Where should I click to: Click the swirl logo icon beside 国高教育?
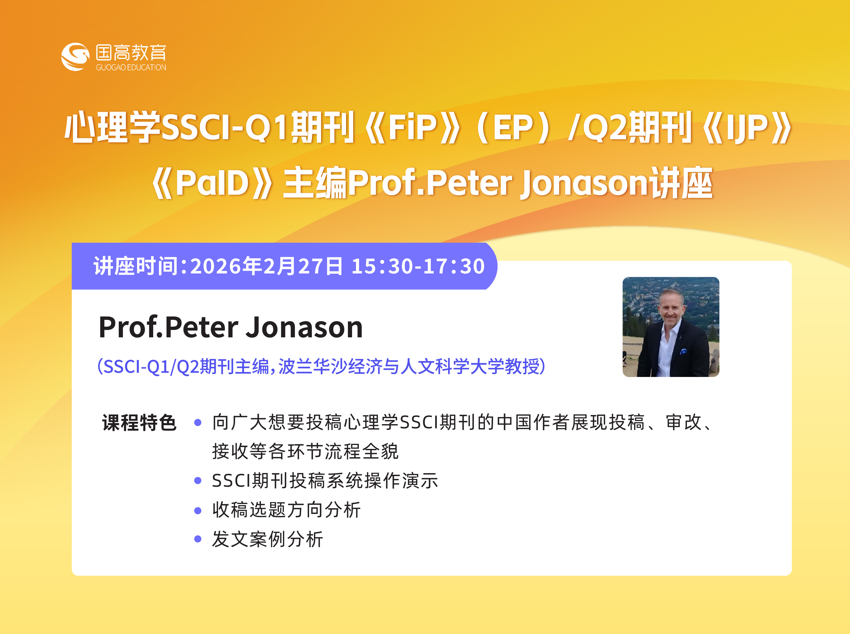(x=75, y=57)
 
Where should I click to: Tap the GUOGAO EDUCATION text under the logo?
(x=131, y=68)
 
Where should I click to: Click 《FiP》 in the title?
(x=413, y=127)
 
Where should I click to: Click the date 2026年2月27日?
(x=266, y=266)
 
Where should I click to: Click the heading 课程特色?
(x=139, y=423)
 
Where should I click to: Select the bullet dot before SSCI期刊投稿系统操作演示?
(x=198, y=480)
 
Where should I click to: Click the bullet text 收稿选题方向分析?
(x=286, y=510)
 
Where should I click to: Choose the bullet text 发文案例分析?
(x=267, y=539)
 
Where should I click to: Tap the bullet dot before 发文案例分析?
(x=198, y=539)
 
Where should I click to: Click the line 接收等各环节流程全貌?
(x=305, y=451)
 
